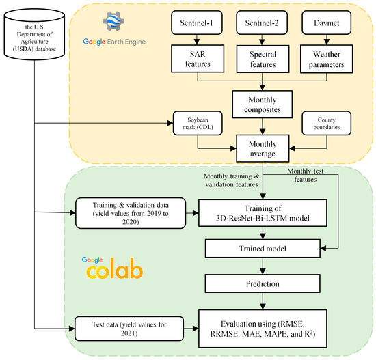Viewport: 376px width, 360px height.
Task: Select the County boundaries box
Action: point(327,124)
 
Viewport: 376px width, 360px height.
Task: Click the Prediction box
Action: point(263,281)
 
